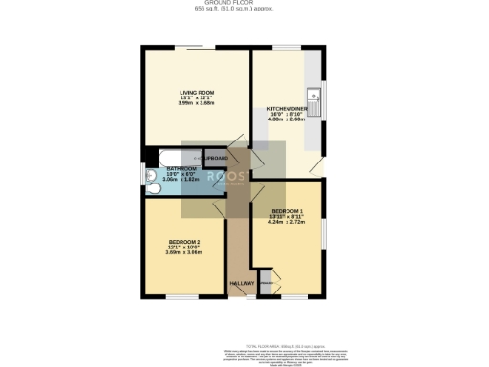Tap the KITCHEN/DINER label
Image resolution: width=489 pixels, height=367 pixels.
point(286,109)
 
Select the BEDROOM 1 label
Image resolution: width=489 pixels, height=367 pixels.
point(287,210)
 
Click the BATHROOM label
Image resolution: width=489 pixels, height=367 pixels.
point(167,168)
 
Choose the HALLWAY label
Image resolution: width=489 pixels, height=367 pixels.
point(241,283)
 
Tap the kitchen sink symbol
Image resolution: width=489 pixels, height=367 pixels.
point(313,96)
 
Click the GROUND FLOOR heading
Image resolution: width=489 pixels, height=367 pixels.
point(244,4)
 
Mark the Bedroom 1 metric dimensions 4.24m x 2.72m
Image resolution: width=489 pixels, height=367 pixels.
point(287,222)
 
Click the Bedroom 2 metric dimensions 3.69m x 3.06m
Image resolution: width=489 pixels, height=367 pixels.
point(184,252)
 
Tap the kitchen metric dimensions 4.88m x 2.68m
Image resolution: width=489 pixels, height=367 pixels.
point(286,120)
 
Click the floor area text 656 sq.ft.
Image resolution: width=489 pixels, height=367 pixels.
point(244,10)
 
